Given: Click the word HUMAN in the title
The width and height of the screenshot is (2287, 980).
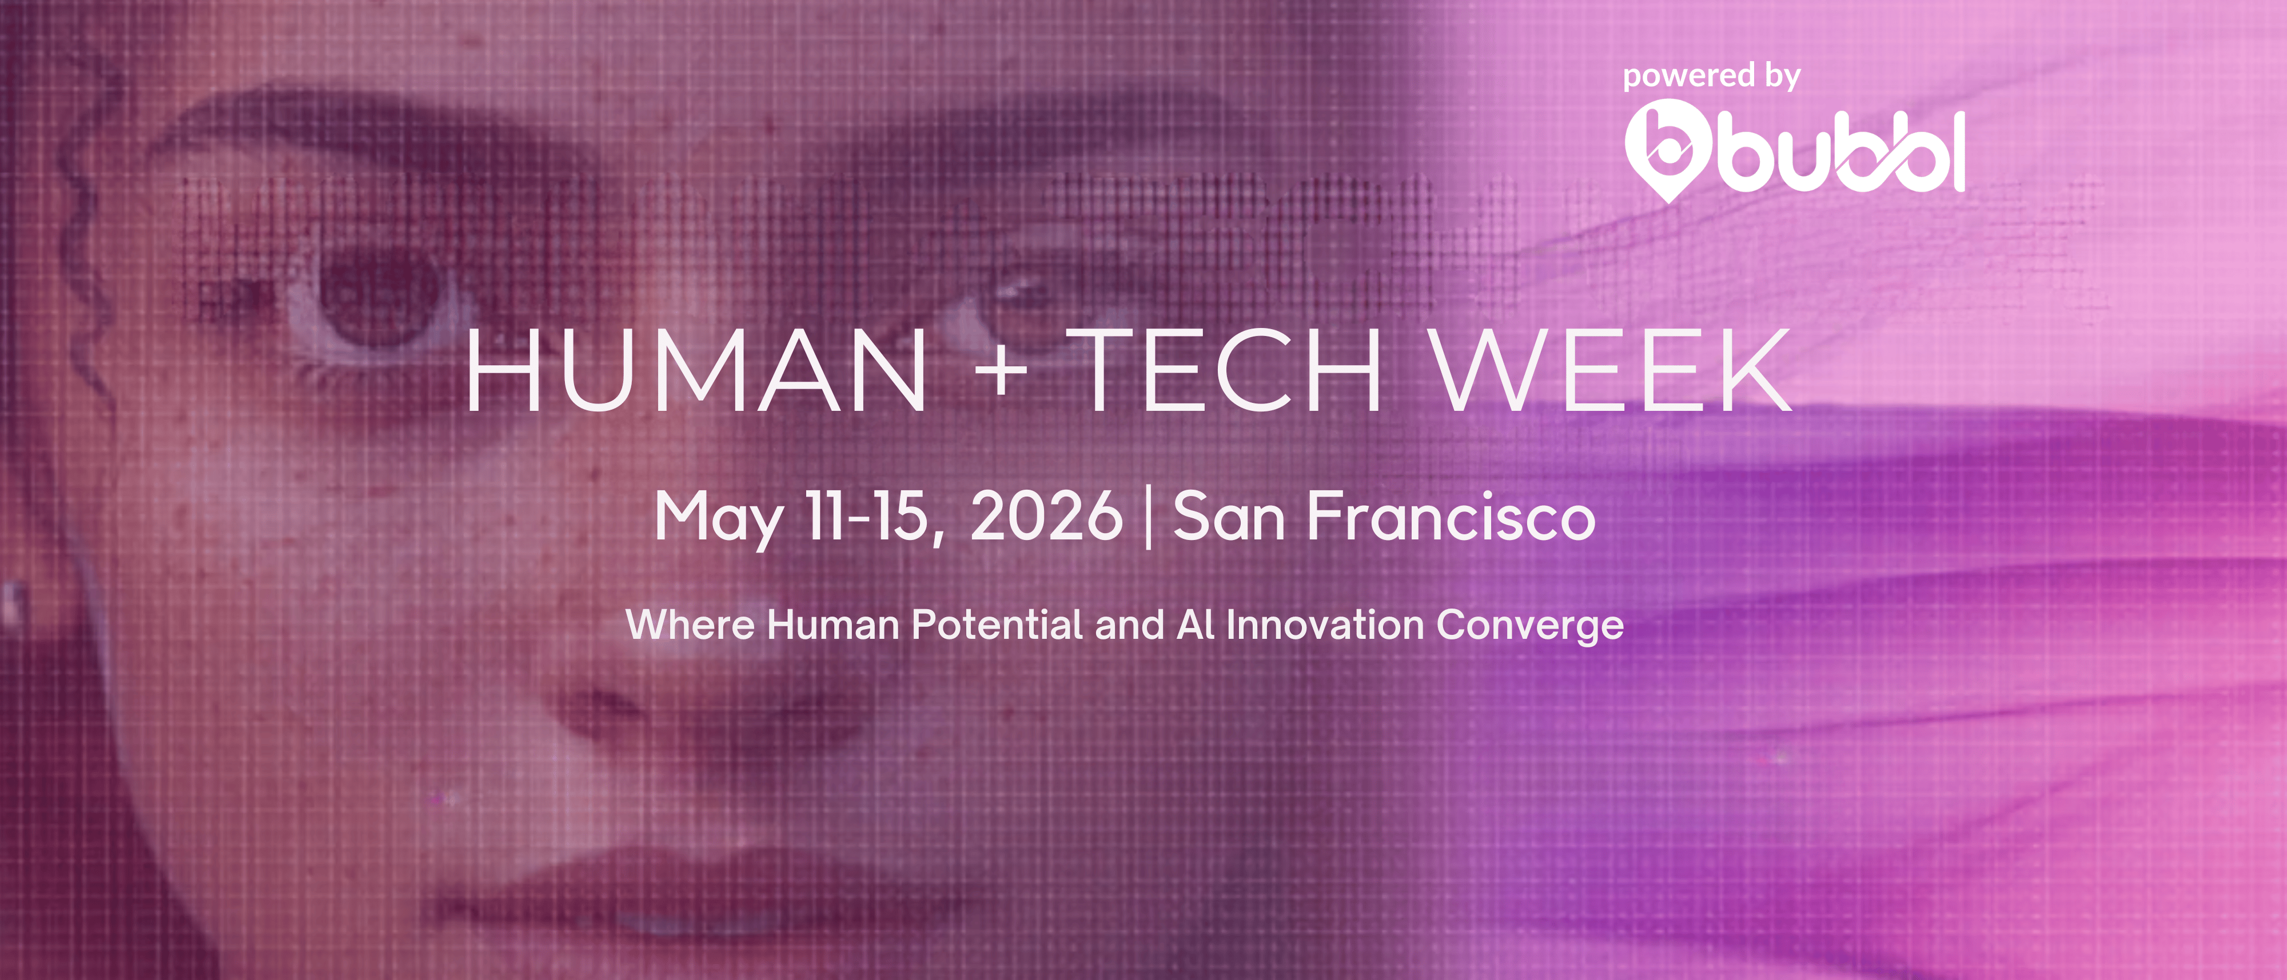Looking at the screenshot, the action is (697, 370).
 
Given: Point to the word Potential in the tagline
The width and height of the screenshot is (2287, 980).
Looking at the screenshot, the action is (996, 625).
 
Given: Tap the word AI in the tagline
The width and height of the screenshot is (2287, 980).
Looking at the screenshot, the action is (1195, 625).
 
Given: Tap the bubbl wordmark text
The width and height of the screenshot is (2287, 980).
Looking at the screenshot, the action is (1840, 152).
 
